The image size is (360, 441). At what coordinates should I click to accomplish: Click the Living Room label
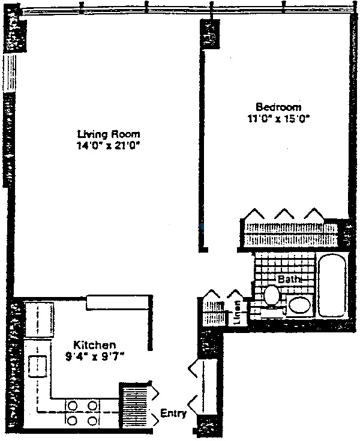tap(109, 134)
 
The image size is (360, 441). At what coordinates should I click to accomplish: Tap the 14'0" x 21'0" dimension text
tap(109, 146)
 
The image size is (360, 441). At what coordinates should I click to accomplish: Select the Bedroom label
tap(278, 107)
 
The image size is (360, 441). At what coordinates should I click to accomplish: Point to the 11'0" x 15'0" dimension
tap(278, 119)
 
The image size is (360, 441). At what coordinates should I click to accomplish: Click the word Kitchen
tap(95, 345)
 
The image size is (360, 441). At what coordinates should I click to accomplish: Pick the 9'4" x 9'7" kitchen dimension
tap(95, 357)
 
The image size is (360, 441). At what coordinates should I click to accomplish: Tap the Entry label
tap(173, 413)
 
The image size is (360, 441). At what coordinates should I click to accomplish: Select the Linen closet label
tap(238, 312)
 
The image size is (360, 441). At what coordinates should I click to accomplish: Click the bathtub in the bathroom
tap(332, 285)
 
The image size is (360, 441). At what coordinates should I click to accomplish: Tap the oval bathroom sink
tap(299, 305)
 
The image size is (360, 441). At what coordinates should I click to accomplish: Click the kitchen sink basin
tap(37, 367)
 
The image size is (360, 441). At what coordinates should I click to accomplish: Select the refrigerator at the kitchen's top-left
tap(40, 319)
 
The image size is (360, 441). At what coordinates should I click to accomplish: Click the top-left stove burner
tap(73, 406)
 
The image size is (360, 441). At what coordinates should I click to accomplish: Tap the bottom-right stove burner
tap(92, 421)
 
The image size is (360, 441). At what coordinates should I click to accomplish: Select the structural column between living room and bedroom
tap(209, 33)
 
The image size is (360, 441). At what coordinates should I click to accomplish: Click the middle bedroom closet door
tap(284, 214)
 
